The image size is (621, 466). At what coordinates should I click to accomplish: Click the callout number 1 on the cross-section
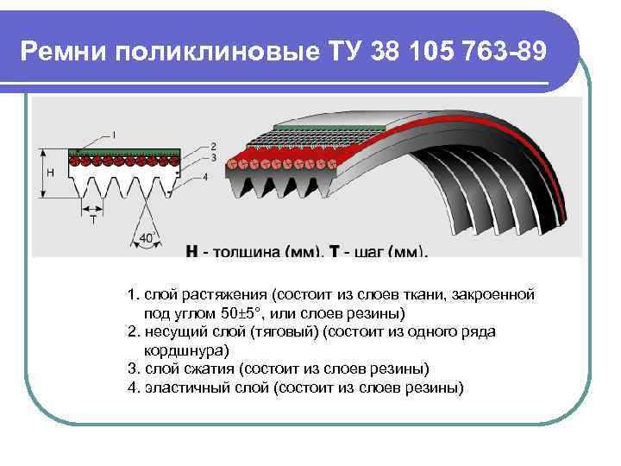coord(115,135)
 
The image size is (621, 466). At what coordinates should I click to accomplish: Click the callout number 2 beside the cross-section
coord(213,147)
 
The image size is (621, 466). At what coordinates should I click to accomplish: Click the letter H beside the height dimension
coord(50,173)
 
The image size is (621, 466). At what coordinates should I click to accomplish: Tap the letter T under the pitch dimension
coord(92,220)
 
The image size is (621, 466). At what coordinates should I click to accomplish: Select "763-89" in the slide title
coord(502,52)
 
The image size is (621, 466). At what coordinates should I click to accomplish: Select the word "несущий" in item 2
coord(172,331)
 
